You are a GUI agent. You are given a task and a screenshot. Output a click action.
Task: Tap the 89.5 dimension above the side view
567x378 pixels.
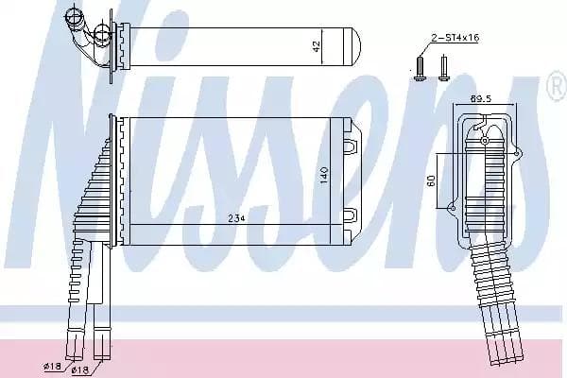tap(481, 97)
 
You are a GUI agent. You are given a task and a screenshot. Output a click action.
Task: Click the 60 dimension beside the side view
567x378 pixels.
tap(432, 180)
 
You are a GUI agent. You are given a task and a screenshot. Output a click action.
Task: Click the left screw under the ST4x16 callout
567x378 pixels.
tap(417, 66)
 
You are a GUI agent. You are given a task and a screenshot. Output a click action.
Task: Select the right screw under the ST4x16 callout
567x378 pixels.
tap(441, 66)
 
